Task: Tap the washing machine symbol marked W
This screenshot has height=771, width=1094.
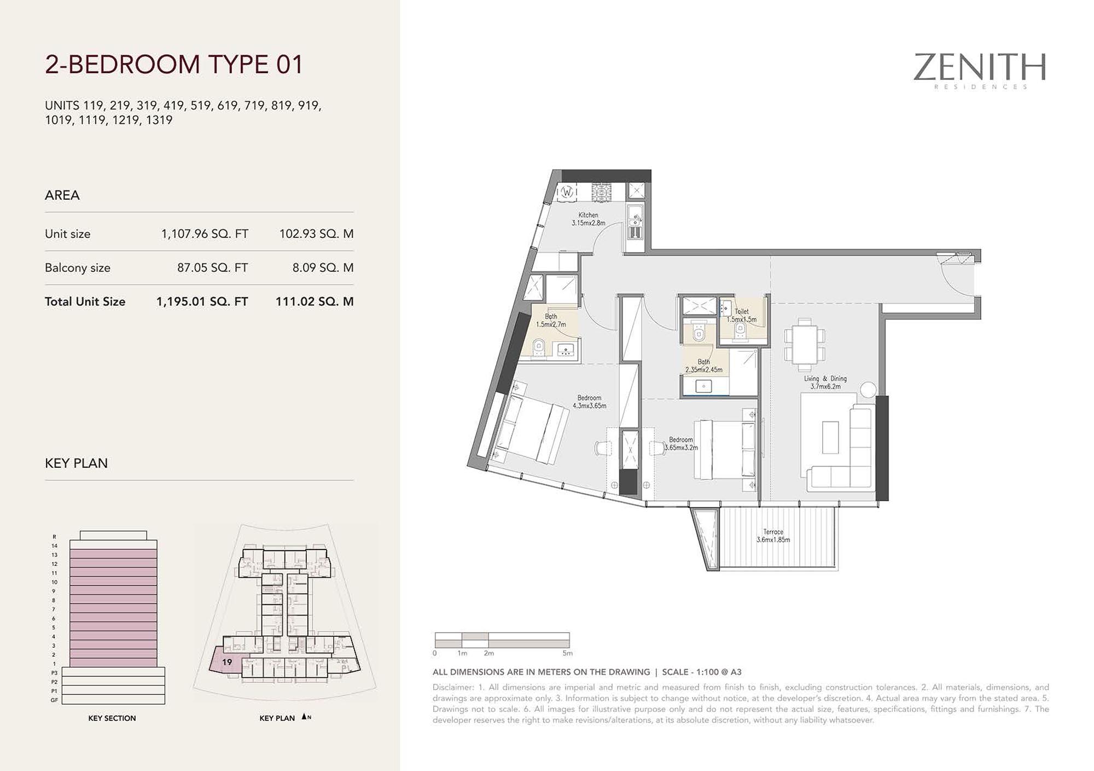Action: click(x=567, y=192)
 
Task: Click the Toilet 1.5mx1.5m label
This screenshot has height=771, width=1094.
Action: click(x=742, y=315)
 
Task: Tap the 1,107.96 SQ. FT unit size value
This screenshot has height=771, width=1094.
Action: click(x=205, y=234)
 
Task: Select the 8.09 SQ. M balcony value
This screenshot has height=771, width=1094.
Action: click(x=323, y=268)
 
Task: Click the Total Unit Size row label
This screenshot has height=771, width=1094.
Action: click(x=85, y=302)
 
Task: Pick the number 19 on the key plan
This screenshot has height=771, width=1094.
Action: click(x=227, y=662)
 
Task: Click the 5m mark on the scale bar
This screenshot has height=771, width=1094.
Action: click(x=567, y=653)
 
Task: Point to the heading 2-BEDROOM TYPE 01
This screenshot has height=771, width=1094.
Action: click(x=174, y=65)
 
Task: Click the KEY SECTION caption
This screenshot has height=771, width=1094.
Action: click(x=112, y=718)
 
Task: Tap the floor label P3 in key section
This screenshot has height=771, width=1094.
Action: click(x=54, y=673)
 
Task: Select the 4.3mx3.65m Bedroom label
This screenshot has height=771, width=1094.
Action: click(x=589, y=402)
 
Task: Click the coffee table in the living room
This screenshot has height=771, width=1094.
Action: click(x=830, y=437)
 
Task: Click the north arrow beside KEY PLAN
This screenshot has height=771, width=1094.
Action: click(x=304, y=717)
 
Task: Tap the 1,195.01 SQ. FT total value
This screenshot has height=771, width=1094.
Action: click(x=202, y=302)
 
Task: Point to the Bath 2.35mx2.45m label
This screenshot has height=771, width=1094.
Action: click(x=704, y=366)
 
